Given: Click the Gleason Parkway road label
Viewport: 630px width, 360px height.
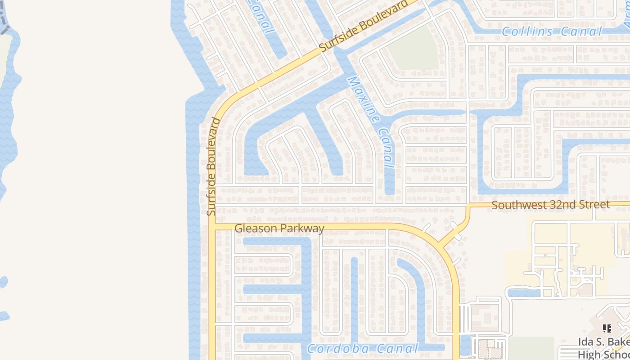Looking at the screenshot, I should pos(279,228).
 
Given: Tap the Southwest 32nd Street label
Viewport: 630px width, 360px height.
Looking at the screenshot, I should pos(550,205).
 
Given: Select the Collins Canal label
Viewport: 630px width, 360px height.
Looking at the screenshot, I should pos(551,31).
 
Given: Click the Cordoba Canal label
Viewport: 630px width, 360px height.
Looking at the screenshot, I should pos(362,348).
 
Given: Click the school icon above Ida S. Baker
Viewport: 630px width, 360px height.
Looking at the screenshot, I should pos(607,328).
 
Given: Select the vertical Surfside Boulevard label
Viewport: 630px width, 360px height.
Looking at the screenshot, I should pos(212,166).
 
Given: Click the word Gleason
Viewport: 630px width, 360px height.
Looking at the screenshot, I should pos(256,228).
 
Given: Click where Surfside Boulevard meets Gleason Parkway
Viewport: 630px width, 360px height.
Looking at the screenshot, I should pos(212,225).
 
